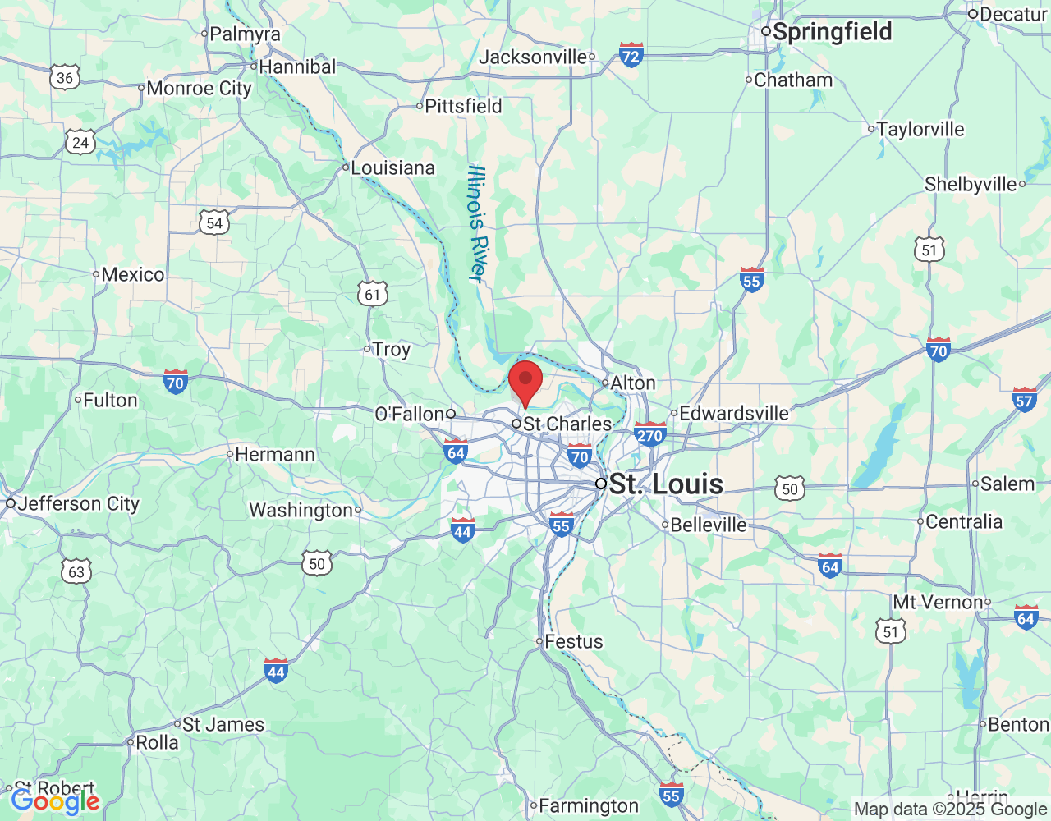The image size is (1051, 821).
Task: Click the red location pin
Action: click(x=525, y=382)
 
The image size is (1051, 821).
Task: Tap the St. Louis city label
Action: click(x=666, y=484)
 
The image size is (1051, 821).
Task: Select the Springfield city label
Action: click(x=832, y=32)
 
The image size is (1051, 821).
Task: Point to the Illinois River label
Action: click(x=477, y=223)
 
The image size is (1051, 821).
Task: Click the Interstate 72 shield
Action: click(x=631, y=55)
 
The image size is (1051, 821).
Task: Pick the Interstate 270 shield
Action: click(x=649, y=434)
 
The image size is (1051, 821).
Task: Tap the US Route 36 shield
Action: click(x=65, y=78)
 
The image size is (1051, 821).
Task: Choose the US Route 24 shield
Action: click(x=80, y=142)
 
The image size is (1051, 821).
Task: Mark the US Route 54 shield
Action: click(x=213, y=222)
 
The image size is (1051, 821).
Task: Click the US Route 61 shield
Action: click(x=373, y=294)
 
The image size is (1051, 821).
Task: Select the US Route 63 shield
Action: click(x=76, y=571)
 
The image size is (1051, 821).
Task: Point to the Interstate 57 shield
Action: click(x=1024, y=400)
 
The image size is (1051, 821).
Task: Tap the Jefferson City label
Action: click(x=78, y=503)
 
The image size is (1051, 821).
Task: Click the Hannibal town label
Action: click(x=297, y=67)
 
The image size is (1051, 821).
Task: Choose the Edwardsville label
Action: click(x=733, y=413)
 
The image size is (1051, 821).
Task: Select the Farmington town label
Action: click(x=588, y=805)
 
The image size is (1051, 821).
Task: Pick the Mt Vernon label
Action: click(x=938, y=602)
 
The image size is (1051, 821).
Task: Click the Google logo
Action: click(x=55, y=801)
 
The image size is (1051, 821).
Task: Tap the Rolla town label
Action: click(x=156, y=742)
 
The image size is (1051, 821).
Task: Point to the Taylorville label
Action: click(x=920, y=129)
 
